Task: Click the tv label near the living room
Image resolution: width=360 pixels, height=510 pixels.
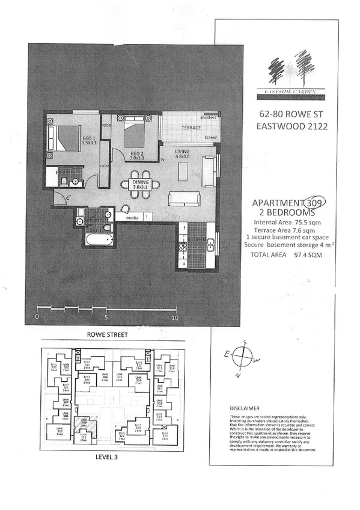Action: coord(163,159)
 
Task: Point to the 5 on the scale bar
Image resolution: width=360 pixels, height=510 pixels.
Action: coord(106,316)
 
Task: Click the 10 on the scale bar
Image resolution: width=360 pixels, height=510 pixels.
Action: coord(175,316)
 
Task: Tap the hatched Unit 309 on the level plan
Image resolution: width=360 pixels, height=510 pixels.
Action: coord(84,423)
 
